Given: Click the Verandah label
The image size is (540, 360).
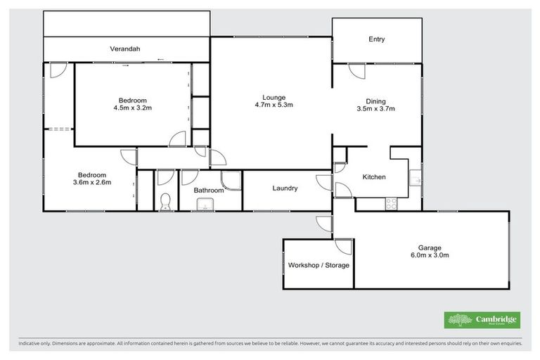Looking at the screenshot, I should [x=125, y=49].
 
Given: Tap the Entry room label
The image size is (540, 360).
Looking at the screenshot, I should [x=377, y=39].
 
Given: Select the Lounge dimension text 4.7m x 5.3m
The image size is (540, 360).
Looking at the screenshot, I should [x=273, y=105].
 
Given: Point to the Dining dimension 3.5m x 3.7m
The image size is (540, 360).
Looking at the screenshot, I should [x=376, y=109].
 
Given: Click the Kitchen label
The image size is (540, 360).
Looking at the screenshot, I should [x=373, y=176].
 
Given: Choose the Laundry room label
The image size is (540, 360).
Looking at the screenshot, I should [x=285, y=188].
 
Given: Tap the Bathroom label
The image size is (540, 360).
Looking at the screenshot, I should [x=209, y=191].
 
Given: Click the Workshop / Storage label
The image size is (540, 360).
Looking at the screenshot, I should [x=319, y=265].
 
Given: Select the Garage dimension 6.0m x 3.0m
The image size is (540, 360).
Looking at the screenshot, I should [x=430, y=255].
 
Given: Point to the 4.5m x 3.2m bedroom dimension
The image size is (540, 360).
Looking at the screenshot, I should [x=133, y=108].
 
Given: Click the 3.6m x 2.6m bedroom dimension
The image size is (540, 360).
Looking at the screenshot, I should [x=92, y=183].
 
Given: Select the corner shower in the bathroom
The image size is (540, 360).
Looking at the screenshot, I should [x=231, y=181].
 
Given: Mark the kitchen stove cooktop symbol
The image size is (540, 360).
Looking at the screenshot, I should [x=391, y=203].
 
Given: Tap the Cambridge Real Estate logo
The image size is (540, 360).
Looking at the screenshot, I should [x=482, y=320].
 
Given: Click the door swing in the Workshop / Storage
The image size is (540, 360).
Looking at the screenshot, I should [x=343, y=247].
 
